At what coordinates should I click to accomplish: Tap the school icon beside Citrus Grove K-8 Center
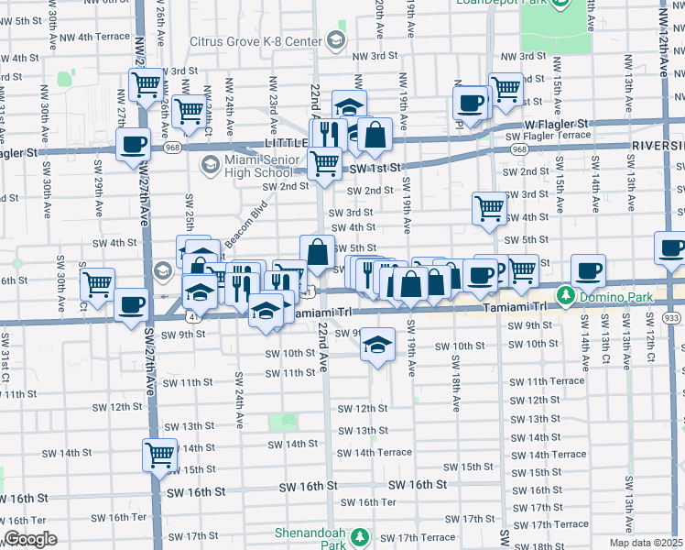coord(336,40)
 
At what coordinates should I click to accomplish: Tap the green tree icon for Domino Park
coord(566,294)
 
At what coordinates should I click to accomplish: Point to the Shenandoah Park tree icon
coord(360,535)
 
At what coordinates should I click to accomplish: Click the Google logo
coord(30,539)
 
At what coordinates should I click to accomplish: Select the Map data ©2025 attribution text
coord(647,543)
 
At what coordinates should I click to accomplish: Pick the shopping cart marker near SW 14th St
coord(159,453)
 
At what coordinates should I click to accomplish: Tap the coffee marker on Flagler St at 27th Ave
coord(134,143)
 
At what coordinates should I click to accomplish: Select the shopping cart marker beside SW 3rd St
coord(490,207)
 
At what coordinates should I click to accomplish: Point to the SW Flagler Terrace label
coord(548,136)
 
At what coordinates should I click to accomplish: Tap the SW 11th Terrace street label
coord(548,381)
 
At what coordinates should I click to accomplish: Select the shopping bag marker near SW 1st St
coord(375,135)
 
